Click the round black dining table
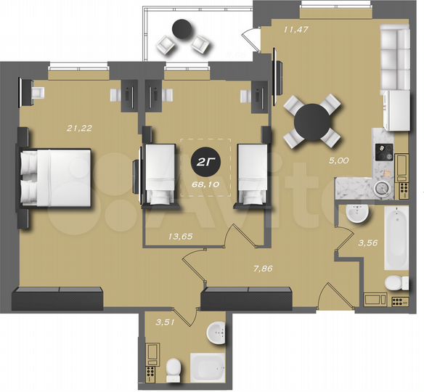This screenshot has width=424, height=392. (x=313, y=121)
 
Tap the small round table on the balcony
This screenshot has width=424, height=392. (x=182, y=30)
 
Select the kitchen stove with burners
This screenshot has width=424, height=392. (x=383, y=152)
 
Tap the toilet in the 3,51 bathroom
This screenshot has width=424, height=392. (x=172, y=370)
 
